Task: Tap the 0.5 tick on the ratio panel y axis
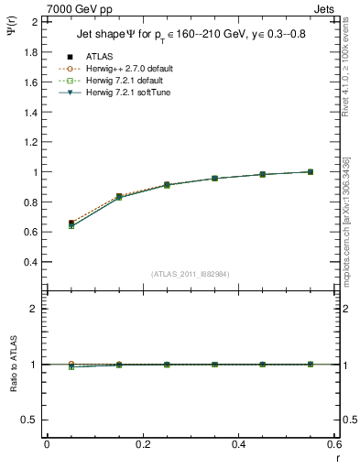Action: click(x=30, y=420)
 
